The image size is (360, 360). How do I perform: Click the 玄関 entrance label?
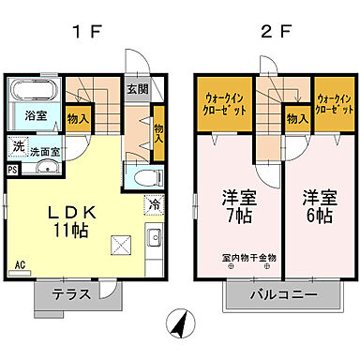[138, 89]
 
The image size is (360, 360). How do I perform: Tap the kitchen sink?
[155, 235]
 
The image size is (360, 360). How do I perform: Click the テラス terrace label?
[71, 292]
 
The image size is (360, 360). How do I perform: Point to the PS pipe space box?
[12, 170]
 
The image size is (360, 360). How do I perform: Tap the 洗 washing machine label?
[19, 147]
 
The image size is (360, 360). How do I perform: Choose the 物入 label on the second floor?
[297, 118]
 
